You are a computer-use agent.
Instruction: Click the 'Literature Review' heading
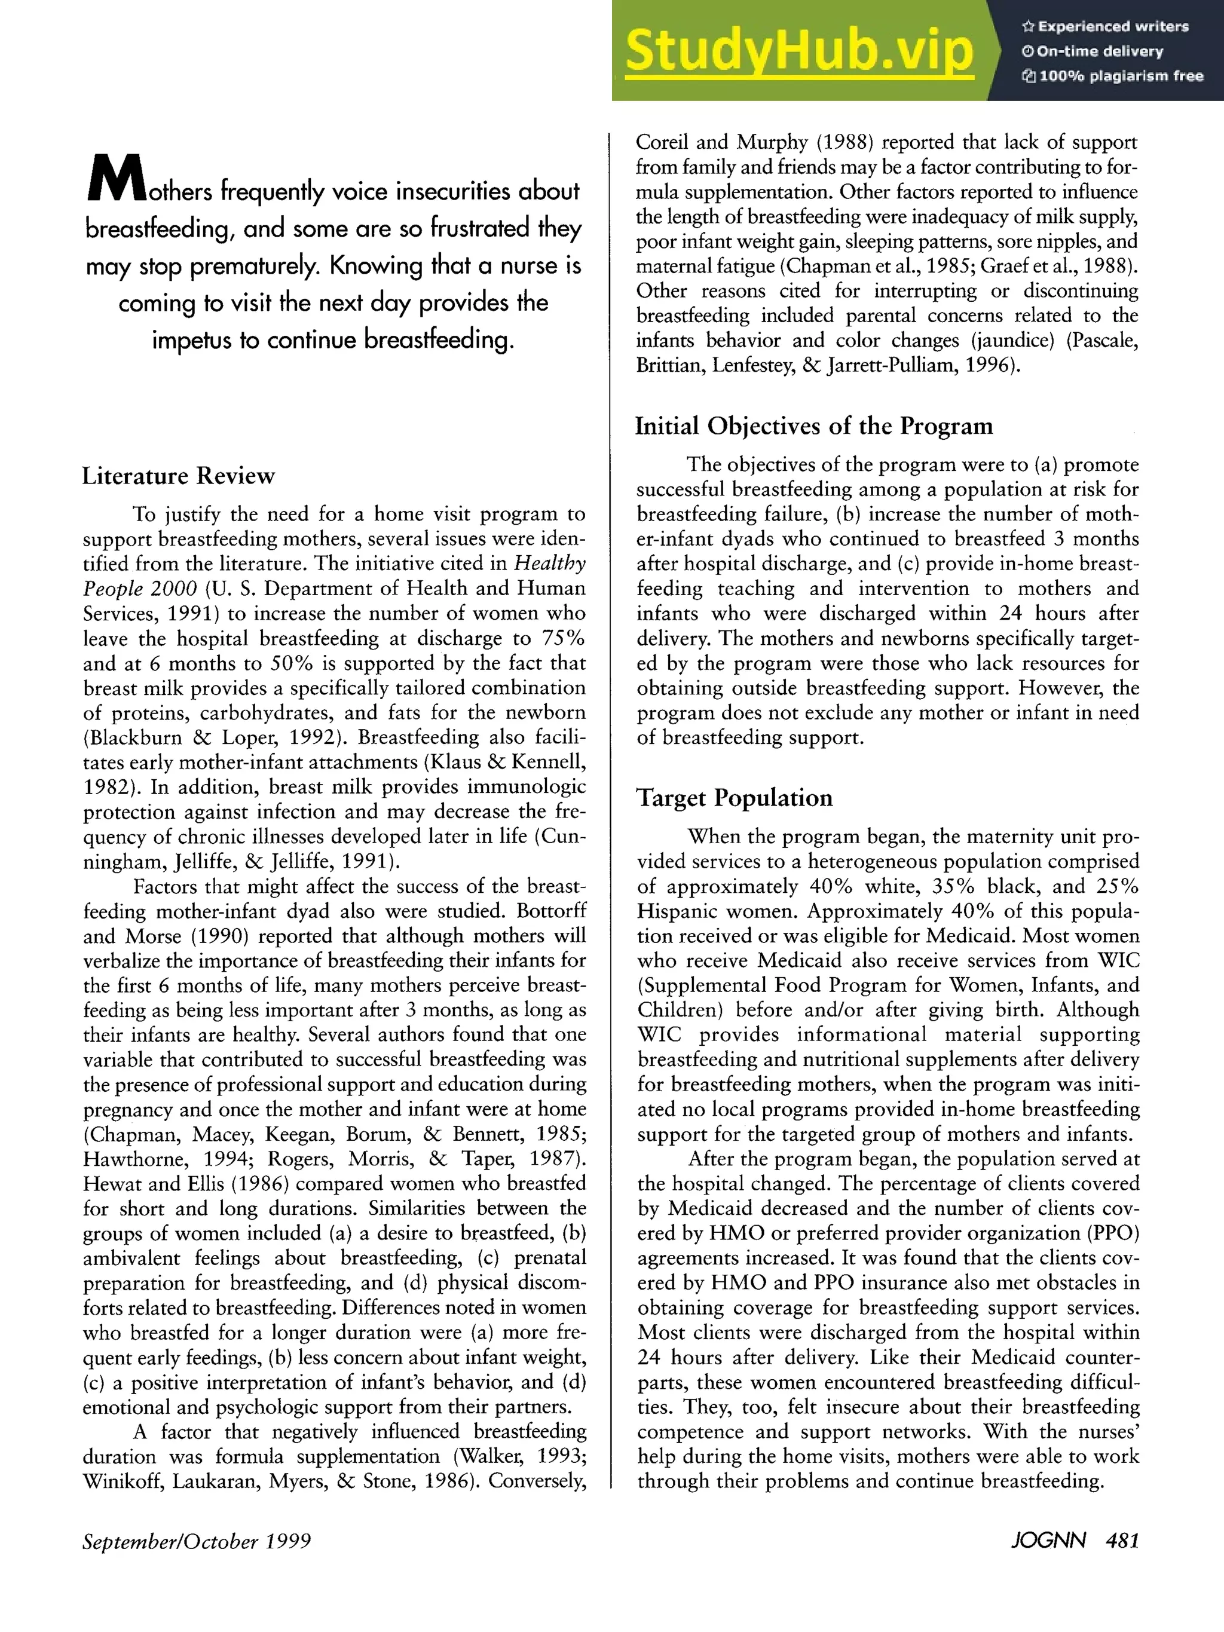178,476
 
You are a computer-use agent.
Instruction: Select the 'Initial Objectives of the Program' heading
814,427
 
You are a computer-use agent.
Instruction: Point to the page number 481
1122,1541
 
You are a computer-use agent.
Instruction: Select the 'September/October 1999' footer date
196,1541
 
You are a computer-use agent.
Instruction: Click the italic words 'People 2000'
139,589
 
